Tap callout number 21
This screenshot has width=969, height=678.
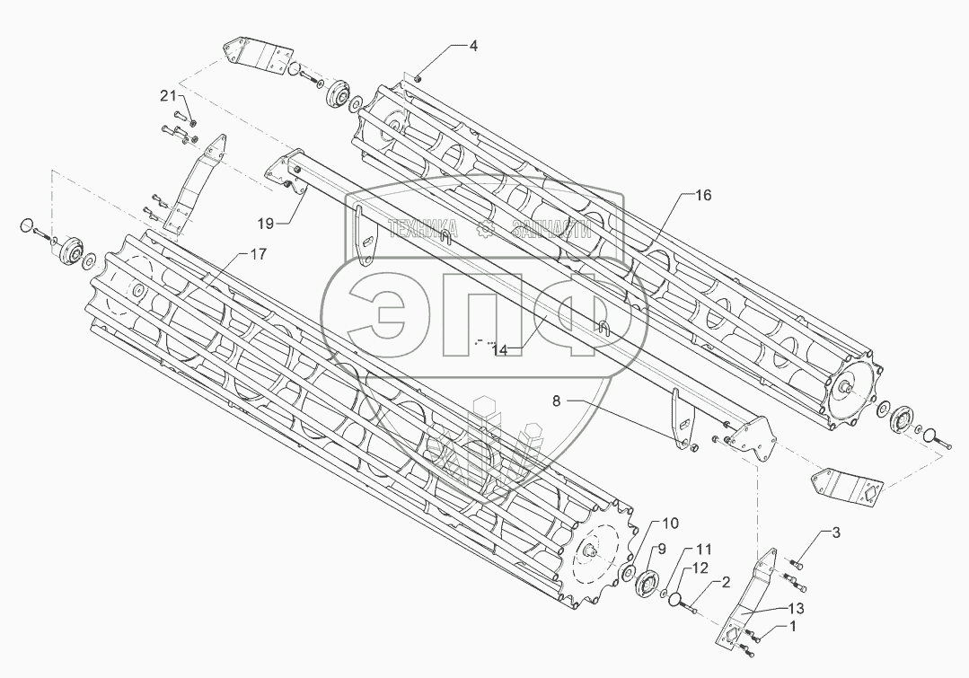pos(169,95)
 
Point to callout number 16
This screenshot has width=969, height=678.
pos(702,195)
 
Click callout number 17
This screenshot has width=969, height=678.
pos(257,255)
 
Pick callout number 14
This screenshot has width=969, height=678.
pos(500,350)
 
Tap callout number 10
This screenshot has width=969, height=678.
pos(672,523)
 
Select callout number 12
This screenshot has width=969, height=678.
pos(700,568)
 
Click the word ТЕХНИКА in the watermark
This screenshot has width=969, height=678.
pos(421,229)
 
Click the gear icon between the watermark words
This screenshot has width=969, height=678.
pos(486,229)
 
